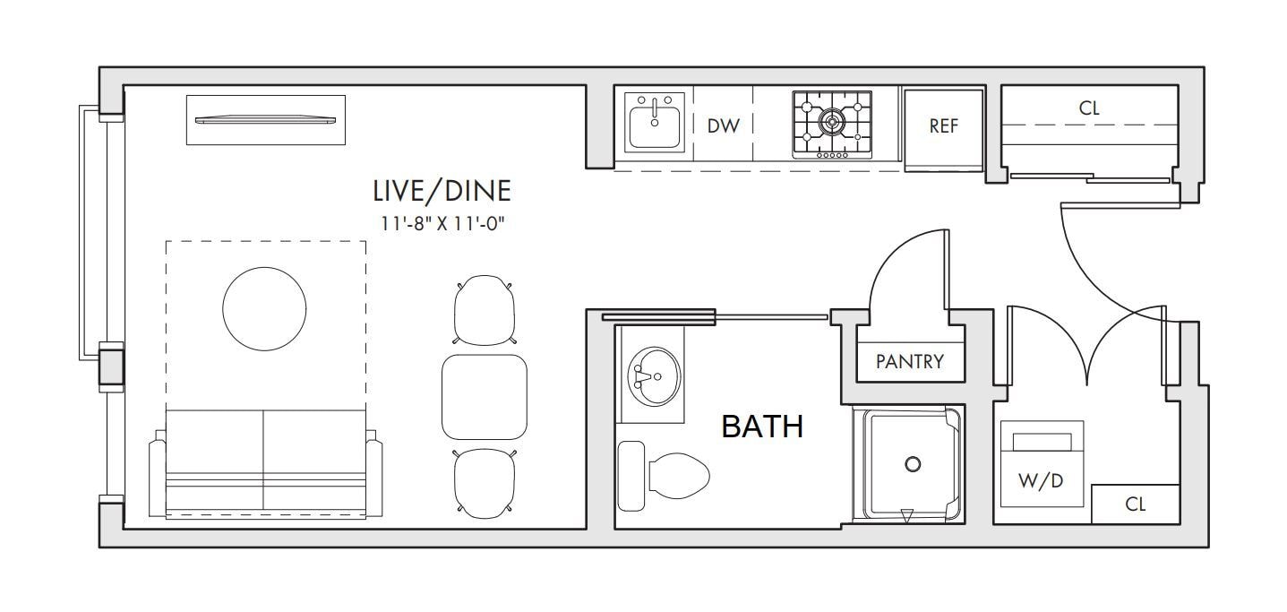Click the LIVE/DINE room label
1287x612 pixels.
coord(442,191)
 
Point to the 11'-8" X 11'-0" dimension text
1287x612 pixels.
coord(442,224)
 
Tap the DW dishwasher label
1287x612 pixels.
coord(724,126)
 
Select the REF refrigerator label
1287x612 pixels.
coord(943,126)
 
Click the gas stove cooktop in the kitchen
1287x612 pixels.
coord(832,124)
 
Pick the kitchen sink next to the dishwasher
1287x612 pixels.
coord(655,123)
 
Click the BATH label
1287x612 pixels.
coord(762,427)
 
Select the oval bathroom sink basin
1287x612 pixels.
coord(653,374)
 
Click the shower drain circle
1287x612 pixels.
coord(913,464)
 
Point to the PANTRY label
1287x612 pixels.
coord(910,362)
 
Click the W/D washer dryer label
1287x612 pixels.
coord(1041,481)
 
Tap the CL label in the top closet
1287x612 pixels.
coord(1089,108)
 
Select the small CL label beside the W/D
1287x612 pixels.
coord(1135,504)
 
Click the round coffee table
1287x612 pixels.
coord(265,308)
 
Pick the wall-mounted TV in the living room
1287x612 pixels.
coord(266,120)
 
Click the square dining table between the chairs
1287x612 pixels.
coord(484,396)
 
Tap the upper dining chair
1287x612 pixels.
coord(485,309)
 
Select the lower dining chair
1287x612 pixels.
coord(485,483)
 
